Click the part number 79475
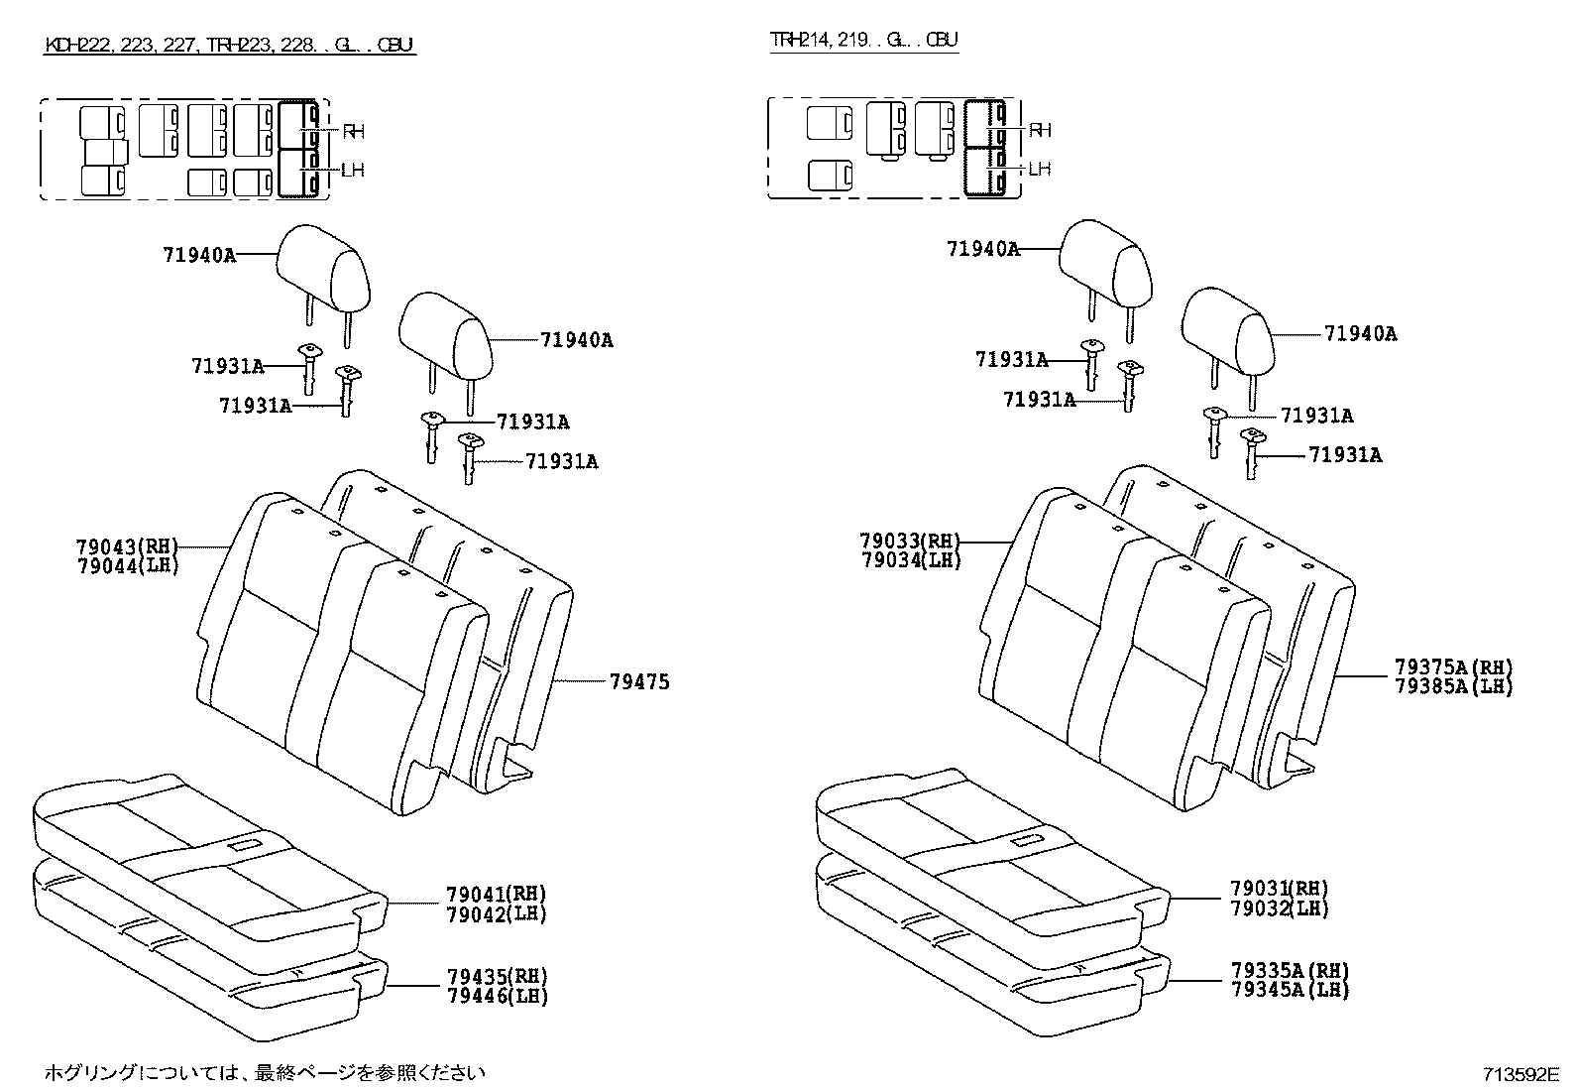click(639, 682)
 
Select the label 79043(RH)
click(126, 545)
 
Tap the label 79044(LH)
click(126, 566)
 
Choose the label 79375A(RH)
click(1453, 666)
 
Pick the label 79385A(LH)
click(1453, 685)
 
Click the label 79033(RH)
click(910, 541)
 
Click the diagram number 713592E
click(1521, 1074)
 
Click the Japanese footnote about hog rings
click(265, 1071)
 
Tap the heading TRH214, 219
click(864, 40)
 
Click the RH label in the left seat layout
click(354, 131)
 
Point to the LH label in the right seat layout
click(1039, 169)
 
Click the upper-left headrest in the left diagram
click(323, 265)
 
